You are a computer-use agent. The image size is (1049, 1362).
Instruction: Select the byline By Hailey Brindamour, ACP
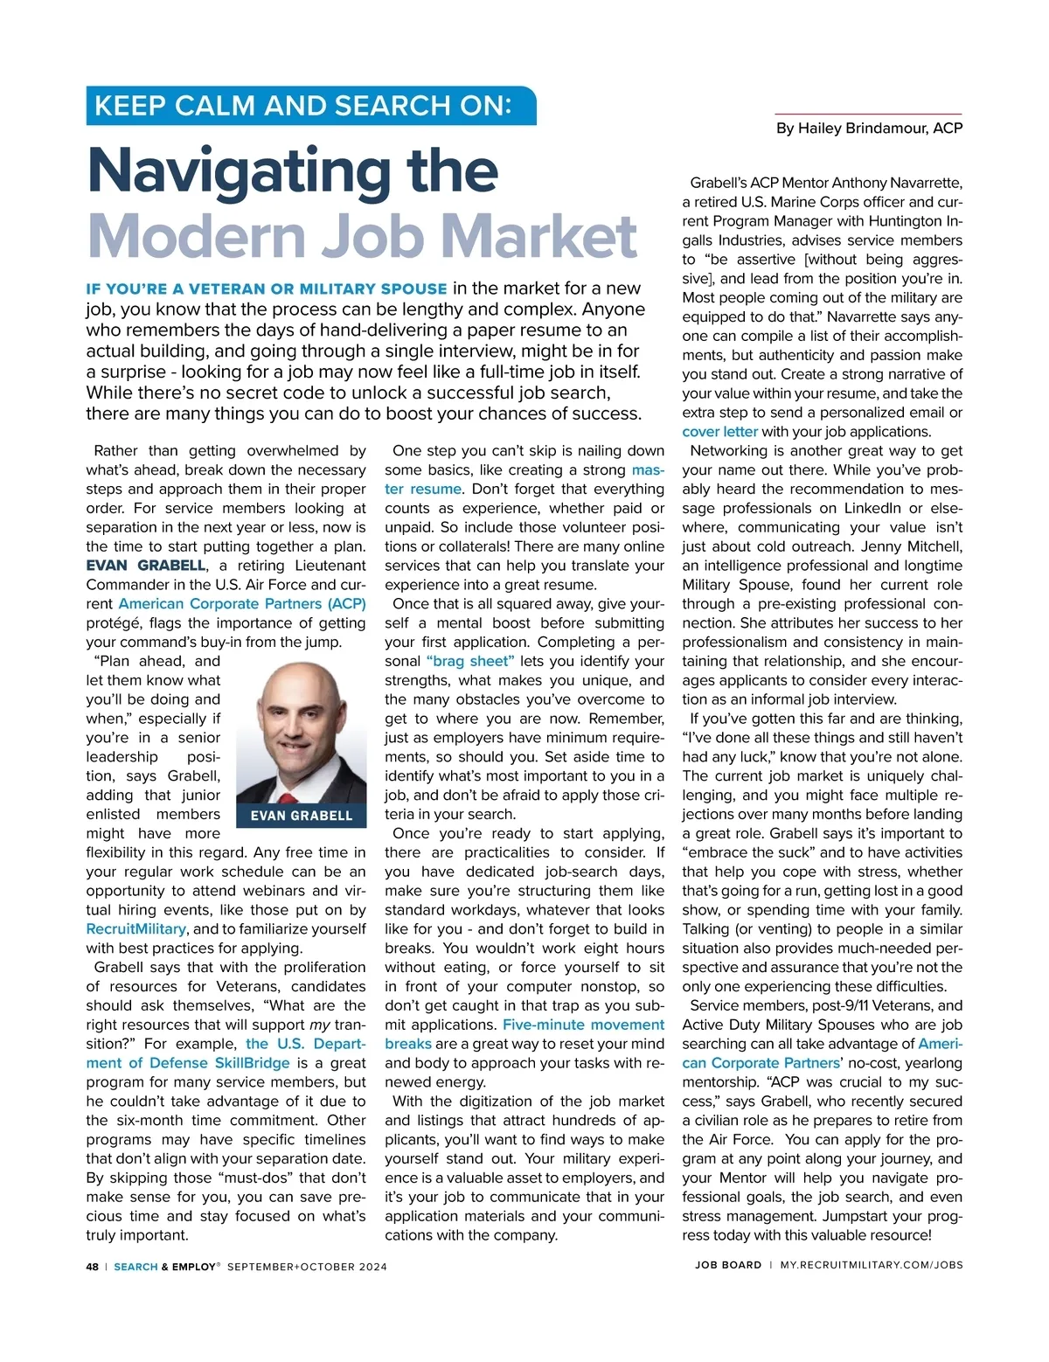coord(869,129)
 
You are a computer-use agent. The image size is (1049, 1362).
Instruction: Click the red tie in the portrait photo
coord(289,796)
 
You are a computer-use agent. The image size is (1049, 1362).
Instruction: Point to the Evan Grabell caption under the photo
coord(302,816)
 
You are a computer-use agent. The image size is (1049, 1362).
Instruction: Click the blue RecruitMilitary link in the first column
coord(135,929)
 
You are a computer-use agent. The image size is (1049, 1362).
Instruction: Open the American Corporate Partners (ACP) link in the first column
coord(242,604)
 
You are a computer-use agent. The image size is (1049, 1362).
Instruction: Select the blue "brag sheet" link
coord(470,662)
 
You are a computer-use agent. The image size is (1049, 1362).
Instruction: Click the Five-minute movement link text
coord(583,1025)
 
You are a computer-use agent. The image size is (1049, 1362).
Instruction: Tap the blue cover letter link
coord(719,432)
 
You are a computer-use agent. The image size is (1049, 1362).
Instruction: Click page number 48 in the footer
coord(93,1267)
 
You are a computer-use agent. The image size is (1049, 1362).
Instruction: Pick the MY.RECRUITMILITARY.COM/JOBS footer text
coord(872,1265)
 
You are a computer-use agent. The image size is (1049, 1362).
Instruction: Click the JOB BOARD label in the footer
coord(728,1265)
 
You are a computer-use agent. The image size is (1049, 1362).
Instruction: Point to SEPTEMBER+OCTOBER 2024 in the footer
coord(307,1267)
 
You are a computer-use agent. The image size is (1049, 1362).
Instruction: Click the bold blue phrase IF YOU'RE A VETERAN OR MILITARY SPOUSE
coord(267,289)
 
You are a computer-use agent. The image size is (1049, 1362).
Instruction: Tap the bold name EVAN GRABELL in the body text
coord(146,566)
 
